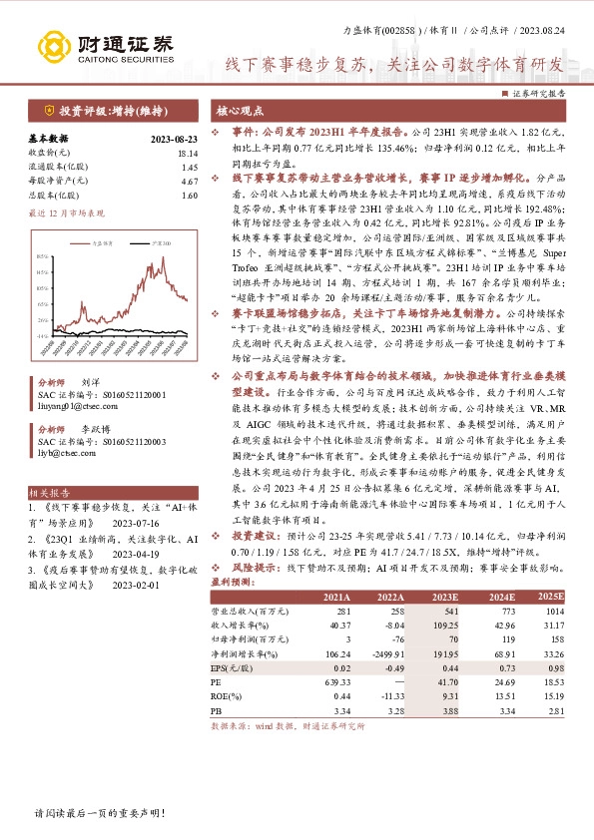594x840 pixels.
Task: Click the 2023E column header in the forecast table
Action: [444, 597]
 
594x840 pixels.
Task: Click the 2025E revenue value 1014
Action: [554, 610]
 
